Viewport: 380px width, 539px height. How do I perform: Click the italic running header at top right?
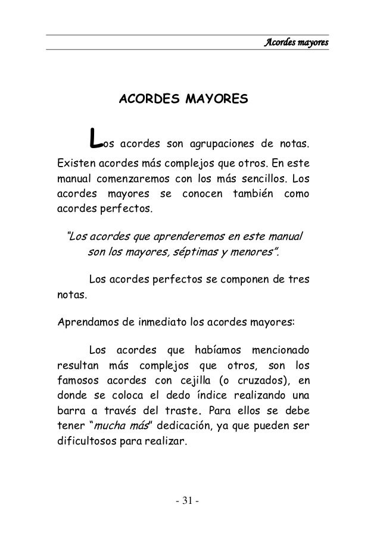(297, 43)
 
